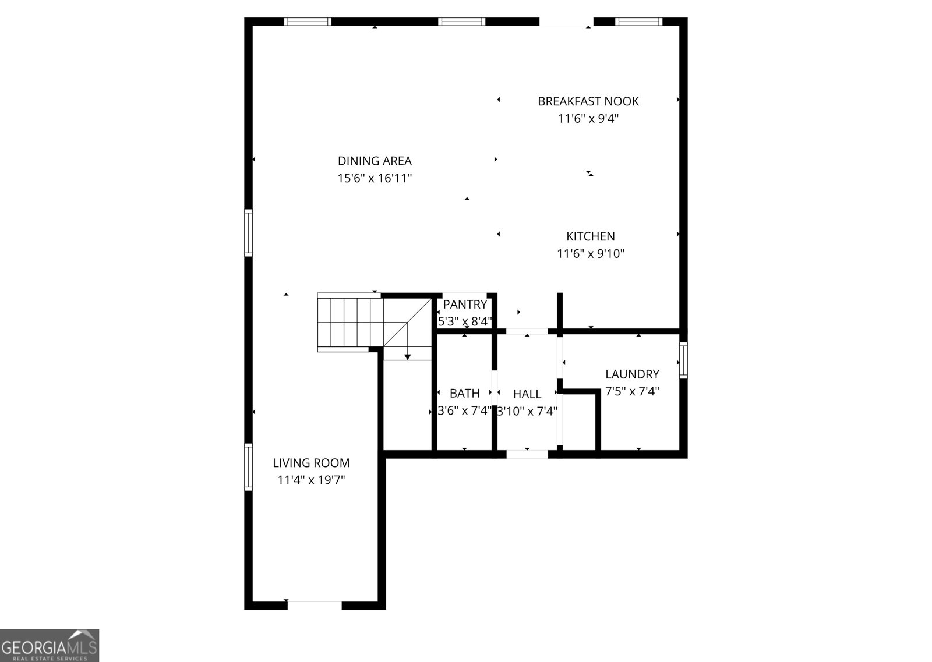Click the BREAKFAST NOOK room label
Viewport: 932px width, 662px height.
coord(588,101)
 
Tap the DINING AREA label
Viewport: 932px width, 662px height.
coord(375,161)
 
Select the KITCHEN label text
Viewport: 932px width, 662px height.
coord(591,236)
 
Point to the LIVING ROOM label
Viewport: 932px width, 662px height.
coord(311,463)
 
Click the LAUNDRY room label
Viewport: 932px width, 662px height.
coord(632,374)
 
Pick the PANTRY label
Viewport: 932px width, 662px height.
coord(465,305)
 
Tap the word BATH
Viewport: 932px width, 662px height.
coord(464,394)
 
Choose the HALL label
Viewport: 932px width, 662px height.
coord(527,394)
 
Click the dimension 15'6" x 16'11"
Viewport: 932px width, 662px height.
coord(375,178)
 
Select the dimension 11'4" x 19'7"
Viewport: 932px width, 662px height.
coord(311,480)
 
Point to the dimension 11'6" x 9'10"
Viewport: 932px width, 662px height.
coord(591,254)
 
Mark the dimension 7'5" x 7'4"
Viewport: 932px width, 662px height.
coord(632,391)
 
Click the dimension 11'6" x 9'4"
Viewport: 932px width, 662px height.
coord(588,119)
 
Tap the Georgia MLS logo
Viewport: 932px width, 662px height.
coord(50,645)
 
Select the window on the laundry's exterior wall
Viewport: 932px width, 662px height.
coord(683,360)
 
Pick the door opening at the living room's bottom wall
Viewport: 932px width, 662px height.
coord(315,605)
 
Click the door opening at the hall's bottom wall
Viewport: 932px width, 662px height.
coord(527,454)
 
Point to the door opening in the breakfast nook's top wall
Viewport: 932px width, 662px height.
coord(566,22)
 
